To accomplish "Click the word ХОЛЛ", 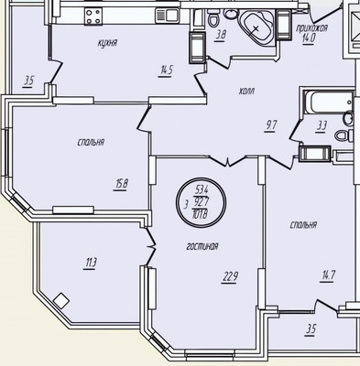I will pos(245,91).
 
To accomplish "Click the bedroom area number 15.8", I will pos(121,182).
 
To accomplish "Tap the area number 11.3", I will pos(91,264).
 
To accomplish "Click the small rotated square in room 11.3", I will pos(61,299).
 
